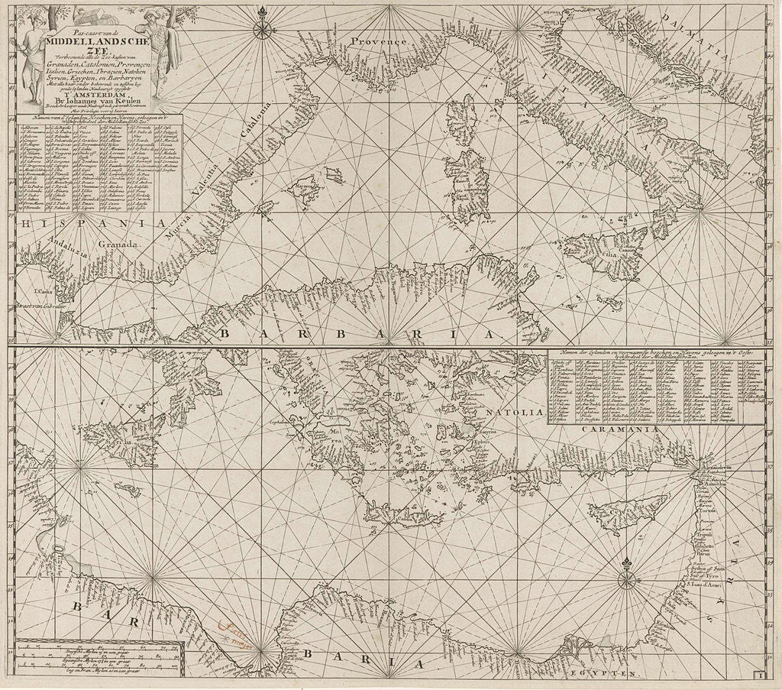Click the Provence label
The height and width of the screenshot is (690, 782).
[379, 41]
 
